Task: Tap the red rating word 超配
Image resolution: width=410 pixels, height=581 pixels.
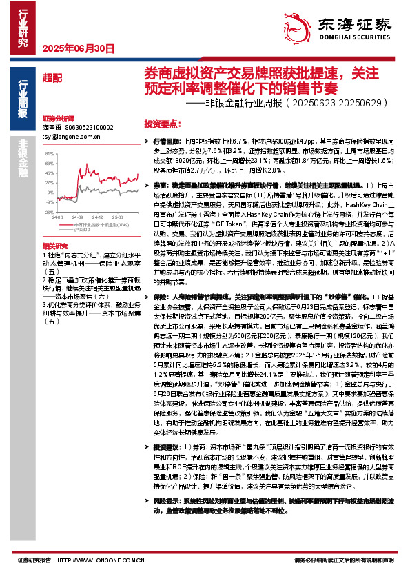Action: pyautogui.click(x=52, y=77)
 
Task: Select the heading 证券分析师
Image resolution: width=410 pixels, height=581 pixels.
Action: pyautogui.click(x=57, y=119)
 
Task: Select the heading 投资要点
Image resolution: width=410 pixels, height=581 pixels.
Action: pyautogui.click(x=162, y=121)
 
